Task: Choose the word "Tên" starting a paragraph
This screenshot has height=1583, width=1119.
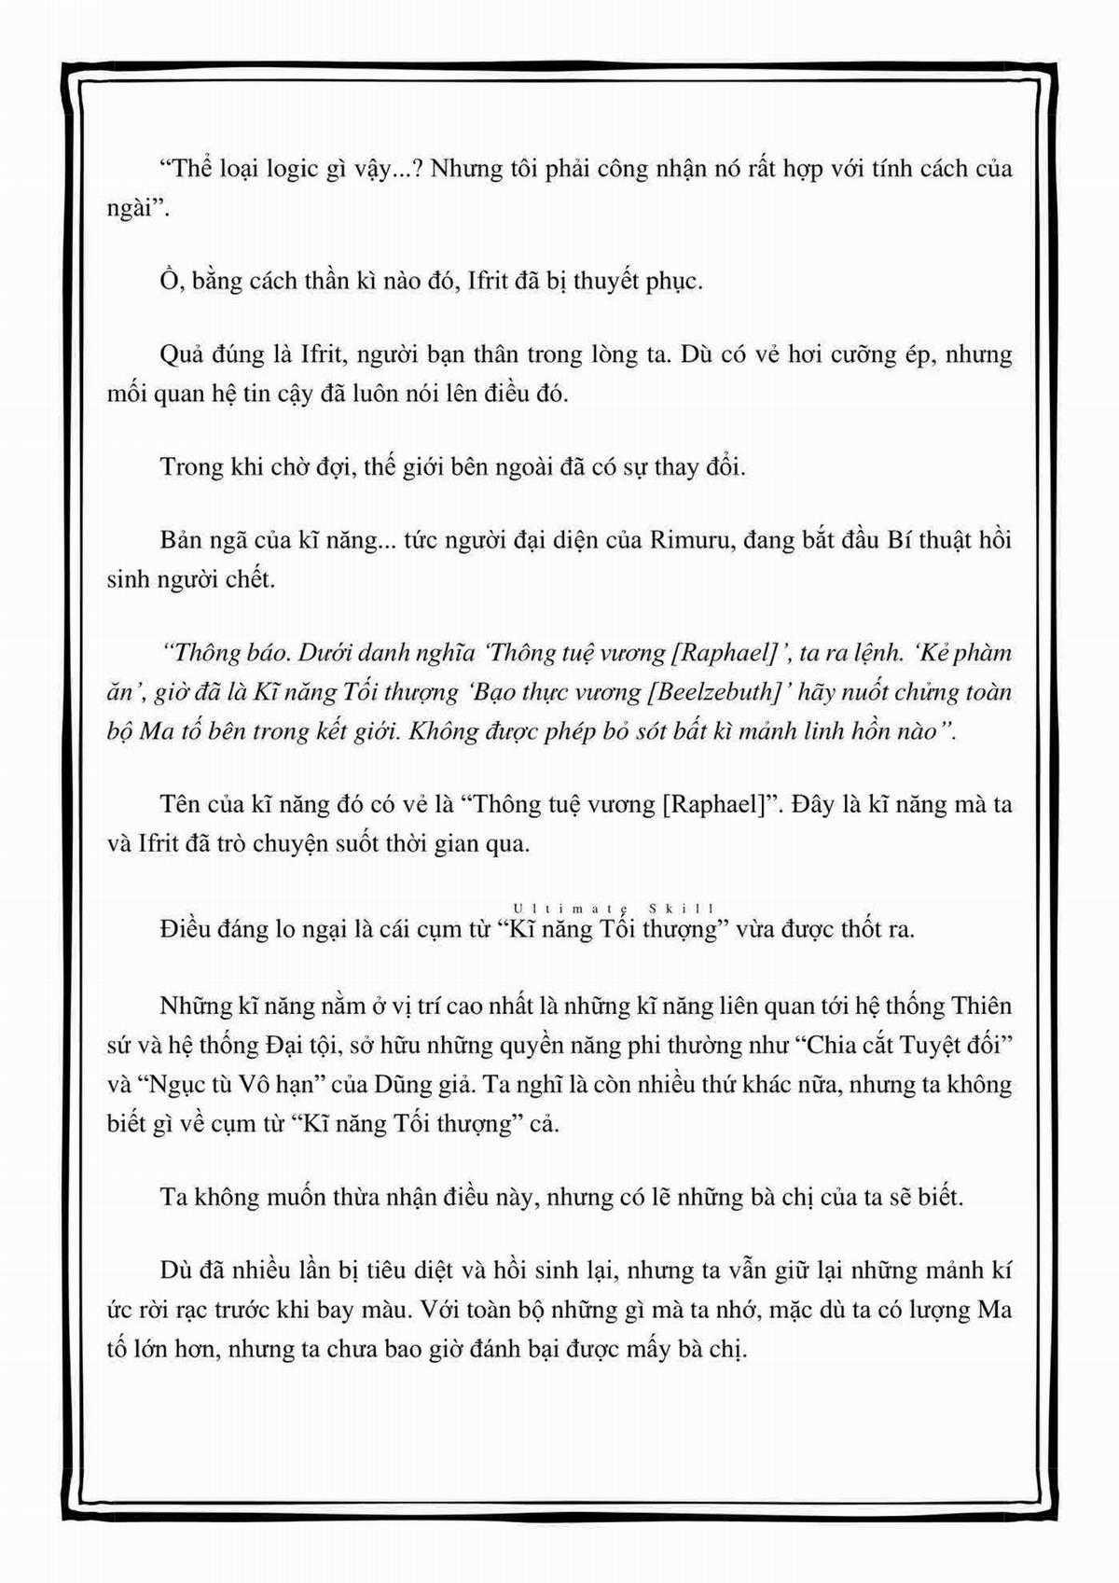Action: (180, 804)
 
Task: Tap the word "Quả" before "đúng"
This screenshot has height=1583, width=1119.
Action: (183, 355)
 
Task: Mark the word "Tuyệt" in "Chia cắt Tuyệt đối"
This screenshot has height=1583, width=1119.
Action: (931, 1045)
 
